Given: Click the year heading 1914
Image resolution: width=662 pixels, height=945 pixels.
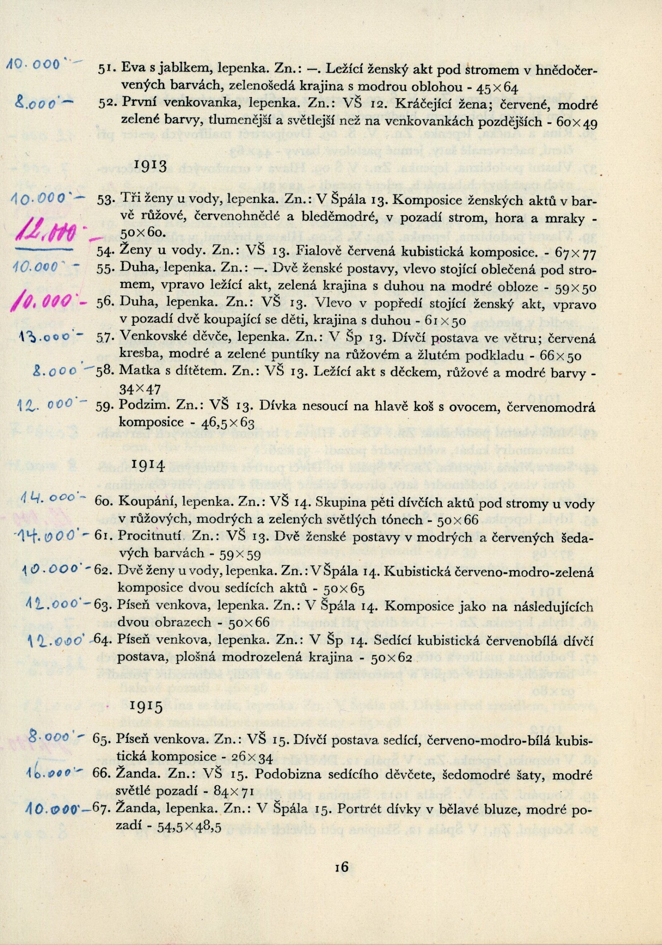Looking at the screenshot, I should (149, 466).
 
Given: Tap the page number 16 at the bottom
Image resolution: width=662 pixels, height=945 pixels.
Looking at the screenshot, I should (342, 866).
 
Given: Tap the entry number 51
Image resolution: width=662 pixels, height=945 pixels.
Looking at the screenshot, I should (107, 69).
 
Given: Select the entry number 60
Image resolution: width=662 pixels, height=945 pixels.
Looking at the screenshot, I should (103, 501).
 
